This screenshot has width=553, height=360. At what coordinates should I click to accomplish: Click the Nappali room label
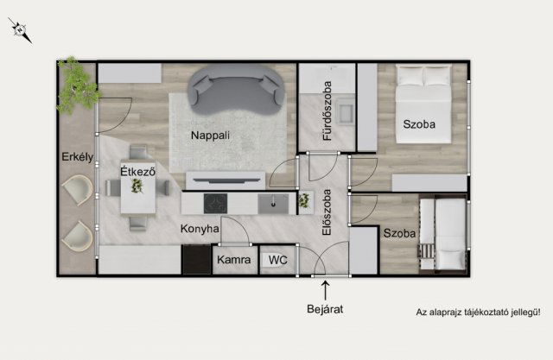coord(210,136)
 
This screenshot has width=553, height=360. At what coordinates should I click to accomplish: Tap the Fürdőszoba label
coord(327,111)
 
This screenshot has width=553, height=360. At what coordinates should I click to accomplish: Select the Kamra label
coord(234,260)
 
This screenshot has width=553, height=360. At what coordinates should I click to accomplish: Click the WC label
coord(278,261)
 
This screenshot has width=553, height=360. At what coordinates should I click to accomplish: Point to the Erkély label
coord(78,157)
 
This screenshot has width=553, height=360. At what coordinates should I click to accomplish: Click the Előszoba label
coord(327,212)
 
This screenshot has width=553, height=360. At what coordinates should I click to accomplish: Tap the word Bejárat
coord(325,309)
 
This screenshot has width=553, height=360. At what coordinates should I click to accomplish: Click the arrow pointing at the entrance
coord(325,290)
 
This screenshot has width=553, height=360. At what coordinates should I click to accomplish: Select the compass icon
coord(20,30)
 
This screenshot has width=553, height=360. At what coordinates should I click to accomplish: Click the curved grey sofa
coord(236,90)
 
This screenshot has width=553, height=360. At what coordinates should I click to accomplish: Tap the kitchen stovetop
coord(215,204)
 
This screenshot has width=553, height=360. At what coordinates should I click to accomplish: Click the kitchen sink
coord(273,204)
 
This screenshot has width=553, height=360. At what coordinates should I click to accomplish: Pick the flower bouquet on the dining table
coord(137,186)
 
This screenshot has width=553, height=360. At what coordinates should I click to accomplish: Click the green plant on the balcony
coord(79,85)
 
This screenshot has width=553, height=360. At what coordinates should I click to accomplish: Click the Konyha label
coord(200,229)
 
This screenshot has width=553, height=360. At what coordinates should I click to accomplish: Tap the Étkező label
coord(138,172)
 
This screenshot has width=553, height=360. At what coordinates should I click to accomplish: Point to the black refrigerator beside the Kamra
coord(196,259)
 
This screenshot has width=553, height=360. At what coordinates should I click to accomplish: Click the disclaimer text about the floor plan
coord(478,313)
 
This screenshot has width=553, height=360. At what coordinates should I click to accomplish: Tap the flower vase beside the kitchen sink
coord(304,201)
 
